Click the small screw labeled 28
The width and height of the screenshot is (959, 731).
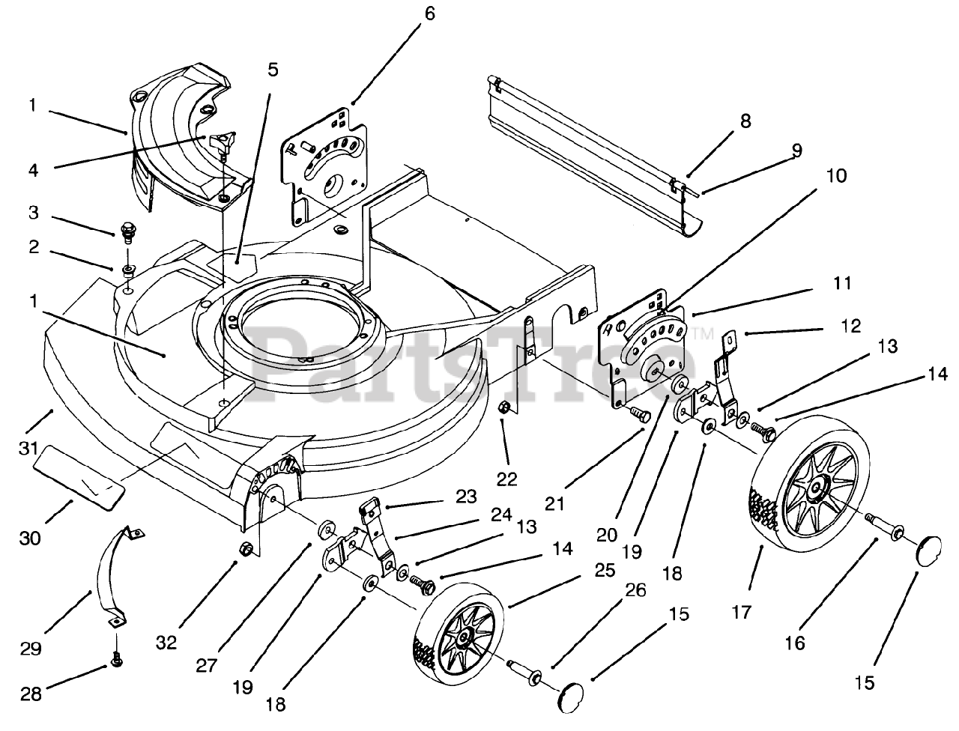tap(117, 662)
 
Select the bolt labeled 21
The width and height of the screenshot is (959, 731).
tap(639, 413)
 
